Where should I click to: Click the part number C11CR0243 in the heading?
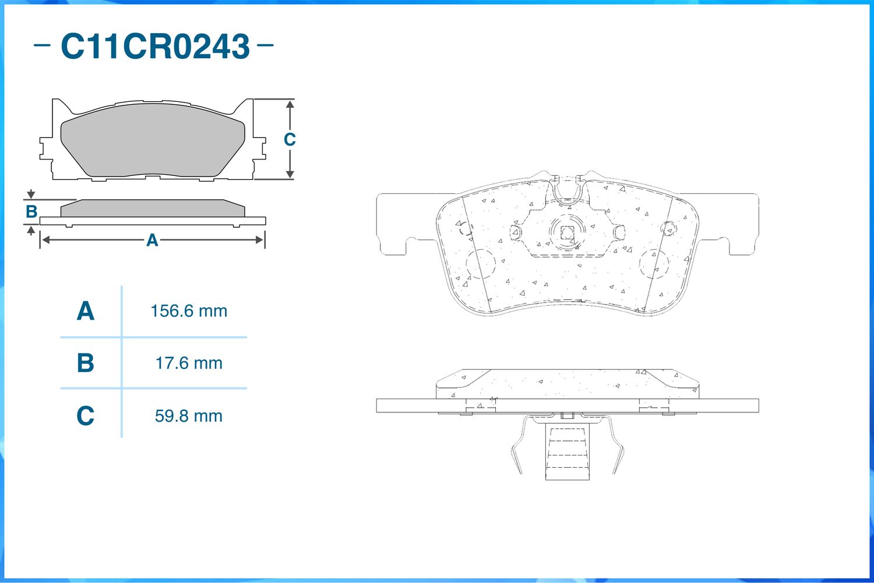tap(156, 47)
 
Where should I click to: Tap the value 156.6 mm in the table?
tap(189, 311)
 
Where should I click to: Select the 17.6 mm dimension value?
tap(189, 363)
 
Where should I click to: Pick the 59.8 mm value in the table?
tap(189, 416)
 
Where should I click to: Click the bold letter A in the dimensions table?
tap(86, 311)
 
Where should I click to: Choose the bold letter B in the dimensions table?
tap(86, 363)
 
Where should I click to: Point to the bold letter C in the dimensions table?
tap(86, 416)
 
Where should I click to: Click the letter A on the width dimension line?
tap(152, 240)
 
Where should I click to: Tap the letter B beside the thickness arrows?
tap(31, 212)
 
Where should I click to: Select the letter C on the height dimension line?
tap(290, 140)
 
